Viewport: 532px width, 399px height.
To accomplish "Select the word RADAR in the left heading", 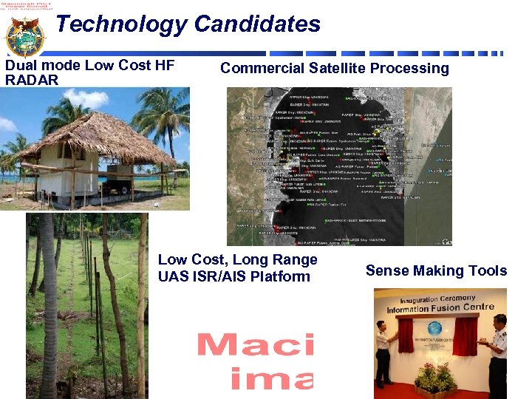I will point(31,80).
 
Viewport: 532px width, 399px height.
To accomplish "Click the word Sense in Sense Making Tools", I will point(386,271).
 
